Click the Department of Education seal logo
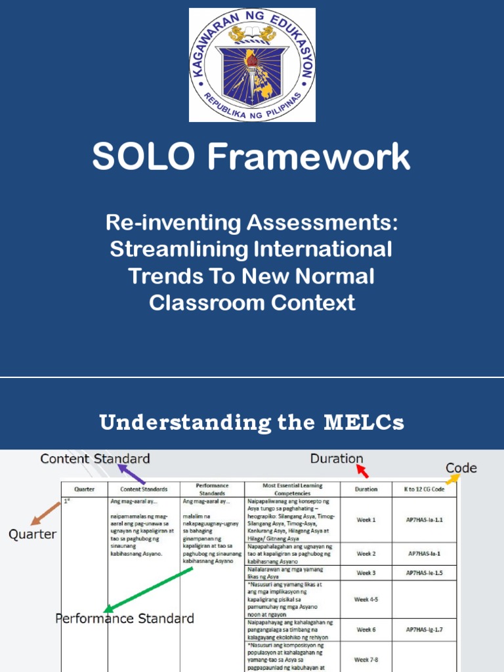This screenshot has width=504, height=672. click(x=252, y=65)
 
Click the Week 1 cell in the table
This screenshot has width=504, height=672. click(x=366, y=520)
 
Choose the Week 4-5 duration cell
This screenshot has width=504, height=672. click(x=366, y=599)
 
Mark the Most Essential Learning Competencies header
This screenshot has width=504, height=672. click(x=292, y=489)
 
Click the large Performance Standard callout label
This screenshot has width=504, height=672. click(x=125, y=618)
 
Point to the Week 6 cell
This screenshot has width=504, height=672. click(x=366, y=630)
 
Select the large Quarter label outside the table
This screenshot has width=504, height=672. click(x=32, y=535)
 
